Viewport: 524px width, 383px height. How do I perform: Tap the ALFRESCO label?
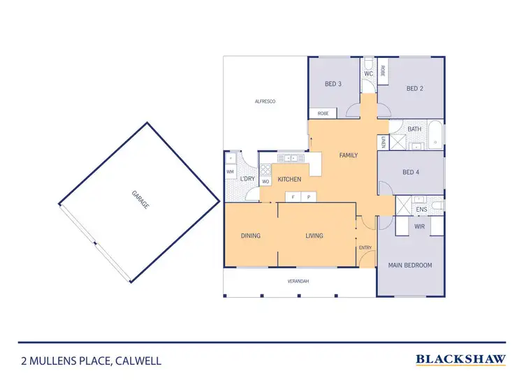tap(265, 102)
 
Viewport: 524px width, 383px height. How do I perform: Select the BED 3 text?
tap(333, 85)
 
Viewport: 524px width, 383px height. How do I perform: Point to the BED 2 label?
tap(415, 89)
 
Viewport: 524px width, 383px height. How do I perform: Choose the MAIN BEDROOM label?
tap(410, 265)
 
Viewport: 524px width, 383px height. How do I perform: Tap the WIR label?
tap(420, 226)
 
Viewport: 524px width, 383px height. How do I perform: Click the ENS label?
tap(421, 209)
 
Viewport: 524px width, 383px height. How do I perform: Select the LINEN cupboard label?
tap(384, 143)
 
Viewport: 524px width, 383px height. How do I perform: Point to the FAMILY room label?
tap(348, 155)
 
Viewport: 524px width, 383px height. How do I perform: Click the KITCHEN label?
tap(289, 180)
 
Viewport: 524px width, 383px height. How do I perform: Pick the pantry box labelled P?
tap(308, 197)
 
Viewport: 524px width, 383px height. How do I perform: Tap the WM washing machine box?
tap(230, 172)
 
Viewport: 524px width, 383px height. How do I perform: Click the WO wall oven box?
tap(265, 182)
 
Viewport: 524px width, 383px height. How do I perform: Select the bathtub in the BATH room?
tap(435, 136)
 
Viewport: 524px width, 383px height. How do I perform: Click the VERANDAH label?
tap(298, 281)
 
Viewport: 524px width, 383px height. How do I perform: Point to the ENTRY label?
tap(365, 248)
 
